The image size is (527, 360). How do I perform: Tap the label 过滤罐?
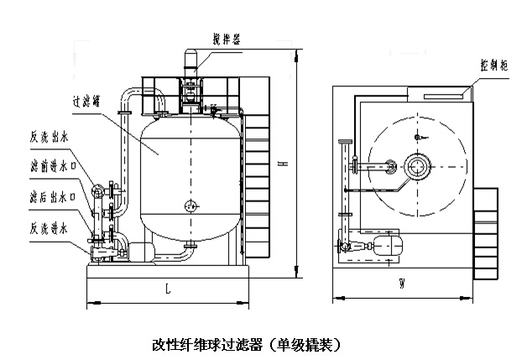(87, 100)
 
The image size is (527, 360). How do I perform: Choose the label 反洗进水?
(47, 227)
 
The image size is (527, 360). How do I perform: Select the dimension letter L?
(168, 290)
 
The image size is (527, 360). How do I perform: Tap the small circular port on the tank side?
(190, 202)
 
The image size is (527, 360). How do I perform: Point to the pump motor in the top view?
(387, 246)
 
